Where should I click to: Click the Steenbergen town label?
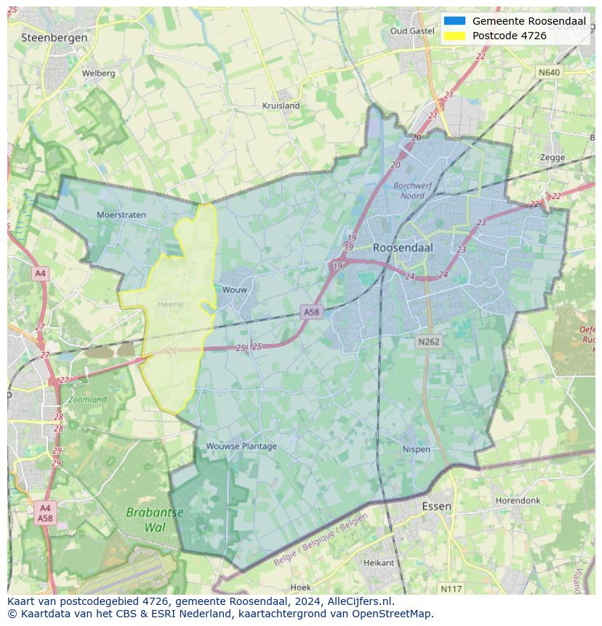[x=55, y=37]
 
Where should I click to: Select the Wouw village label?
[x=235, y=289]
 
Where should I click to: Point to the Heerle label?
[x=170, y=304]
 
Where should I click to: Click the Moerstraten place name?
[x=121, y=214]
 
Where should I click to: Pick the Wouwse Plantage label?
[x=241, y=446]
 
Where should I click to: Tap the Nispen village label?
[x=417, y=449]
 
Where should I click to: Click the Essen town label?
[x=436, y=506]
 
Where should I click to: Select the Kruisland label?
[x=281, y=105]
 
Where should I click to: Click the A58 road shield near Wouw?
[x=311, y=312]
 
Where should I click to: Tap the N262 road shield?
[x=429, y=341]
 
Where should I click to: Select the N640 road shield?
[x=549, y=73]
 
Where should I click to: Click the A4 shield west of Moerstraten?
[x=40, y=273]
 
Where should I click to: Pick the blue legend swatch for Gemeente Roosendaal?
[x=454, y=21]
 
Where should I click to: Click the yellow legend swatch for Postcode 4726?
[x=454, y=36]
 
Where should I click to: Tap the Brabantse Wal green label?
[x=155, y=519]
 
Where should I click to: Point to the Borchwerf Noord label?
[x=413, y=190]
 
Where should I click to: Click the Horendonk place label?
[x=518, y=501]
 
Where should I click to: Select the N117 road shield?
[x=451, y=587]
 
